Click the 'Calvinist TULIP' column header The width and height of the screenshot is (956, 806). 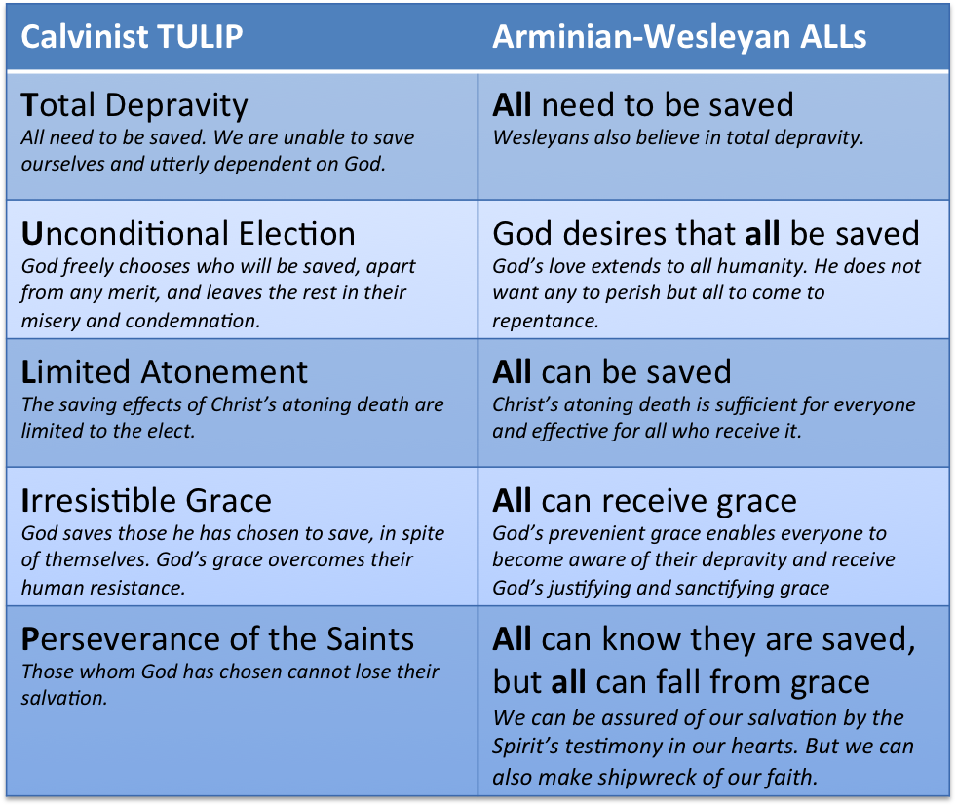point(132,37)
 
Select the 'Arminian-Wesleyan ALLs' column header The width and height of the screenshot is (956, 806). point(679,37)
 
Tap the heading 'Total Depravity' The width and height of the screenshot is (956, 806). point(134,106)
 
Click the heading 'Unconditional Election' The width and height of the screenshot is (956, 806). point(188,234)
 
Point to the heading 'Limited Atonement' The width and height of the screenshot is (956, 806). point(164,372)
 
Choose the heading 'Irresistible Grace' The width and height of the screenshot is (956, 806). point(146,501)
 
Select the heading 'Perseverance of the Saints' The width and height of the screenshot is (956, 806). point(217,639)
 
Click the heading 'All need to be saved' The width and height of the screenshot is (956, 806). point(643,105)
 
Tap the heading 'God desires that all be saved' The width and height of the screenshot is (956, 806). point(706,234)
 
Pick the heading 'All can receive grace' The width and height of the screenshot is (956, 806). point(644,502)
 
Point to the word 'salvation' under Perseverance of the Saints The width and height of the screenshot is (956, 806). point(64,698)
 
